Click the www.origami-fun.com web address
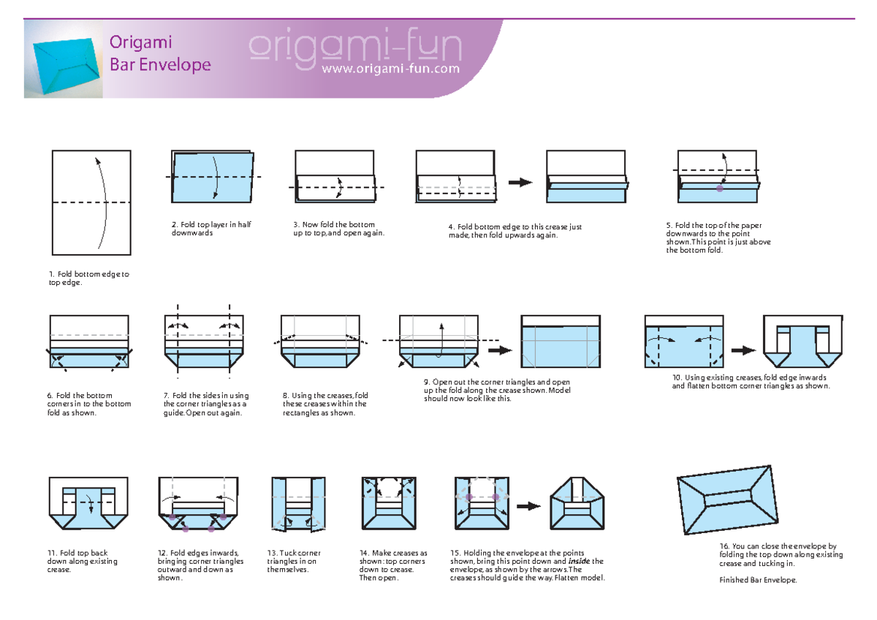click(390, 69)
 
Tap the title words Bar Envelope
click(160, 65)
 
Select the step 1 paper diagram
click(91, 202)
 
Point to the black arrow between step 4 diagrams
click(520, 183)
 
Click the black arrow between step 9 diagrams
click(499, 350)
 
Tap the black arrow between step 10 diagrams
click(743, 350)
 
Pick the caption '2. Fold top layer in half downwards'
click(211, 229)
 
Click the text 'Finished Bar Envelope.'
click(758, 580)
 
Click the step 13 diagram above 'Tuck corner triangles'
click(297, 504)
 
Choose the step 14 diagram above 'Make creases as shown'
click(389, 504)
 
